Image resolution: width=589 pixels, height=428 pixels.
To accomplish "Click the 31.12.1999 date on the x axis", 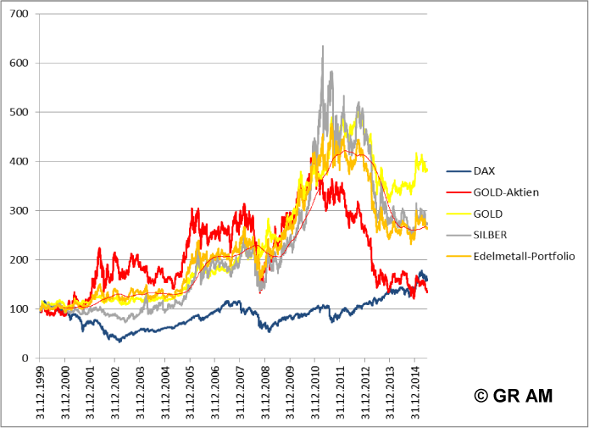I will (41, 391).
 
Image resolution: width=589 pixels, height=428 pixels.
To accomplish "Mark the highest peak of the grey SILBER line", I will (323, 47).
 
